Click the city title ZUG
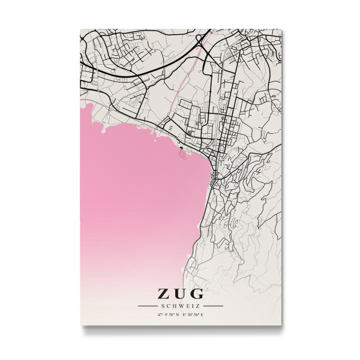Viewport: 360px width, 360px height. [x=180, y=294]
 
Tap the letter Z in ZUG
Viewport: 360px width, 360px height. [x=164, y=294]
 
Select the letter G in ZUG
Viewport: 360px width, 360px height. [x=196, y=294]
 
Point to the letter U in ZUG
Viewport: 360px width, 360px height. [x=180, y=294]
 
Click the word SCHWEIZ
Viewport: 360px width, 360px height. [x=180, y=306]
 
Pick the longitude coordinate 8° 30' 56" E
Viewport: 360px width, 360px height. [x=193, y=314]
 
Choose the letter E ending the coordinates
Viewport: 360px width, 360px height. [x=202, y=314]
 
